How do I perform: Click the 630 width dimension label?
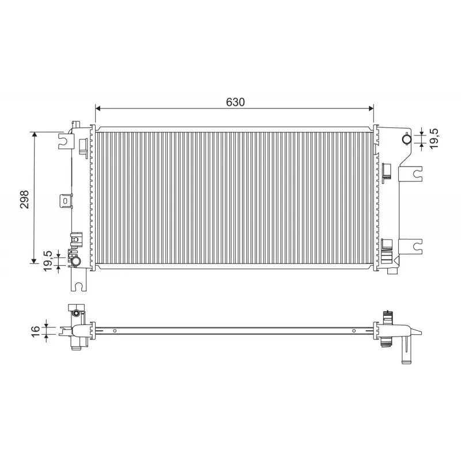pos(235,102)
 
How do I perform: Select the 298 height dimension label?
pos(24,199)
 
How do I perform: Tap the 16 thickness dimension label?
pos(35,332)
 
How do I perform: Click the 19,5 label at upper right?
pos(434,138)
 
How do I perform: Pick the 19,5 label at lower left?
pos(48,261)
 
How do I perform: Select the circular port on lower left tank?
pos(77,261)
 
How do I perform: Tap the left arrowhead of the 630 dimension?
pos(98,109)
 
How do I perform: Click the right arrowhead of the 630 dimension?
pos(371,109)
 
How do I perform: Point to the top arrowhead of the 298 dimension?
pos(35,135)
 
